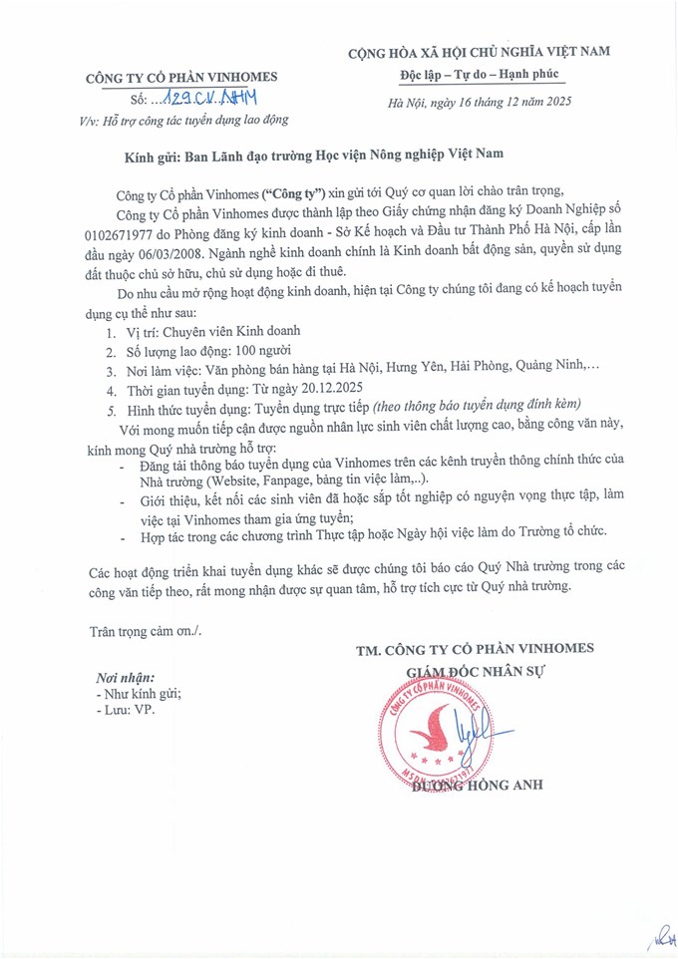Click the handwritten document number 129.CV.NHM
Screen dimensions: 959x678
[210, 100]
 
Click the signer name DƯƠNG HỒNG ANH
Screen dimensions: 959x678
[477, 785]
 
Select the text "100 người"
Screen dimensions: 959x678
[261, 350]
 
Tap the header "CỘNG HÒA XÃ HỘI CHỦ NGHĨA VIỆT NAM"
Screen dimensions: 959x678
[480, 51]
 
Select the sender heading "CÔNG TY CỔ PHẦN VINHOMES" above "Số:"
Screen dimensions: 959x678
[181, 78]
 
